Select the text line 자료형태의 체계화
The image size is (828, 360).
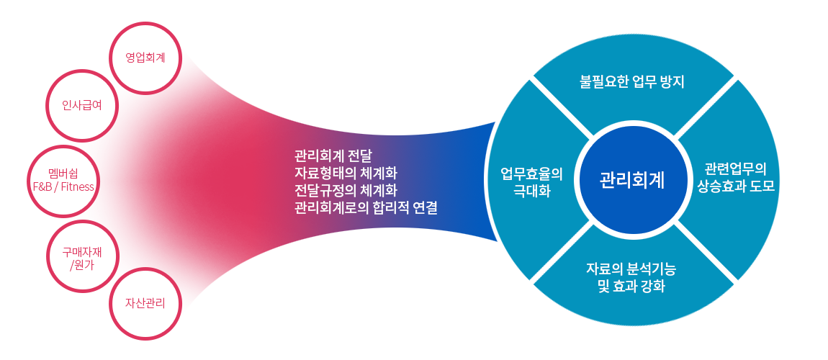tap(346, 173)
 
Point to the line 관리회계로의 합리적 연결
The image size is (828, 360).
tap(366, 207)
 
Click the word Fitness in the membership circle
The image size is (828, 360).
tap(78, 186)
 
